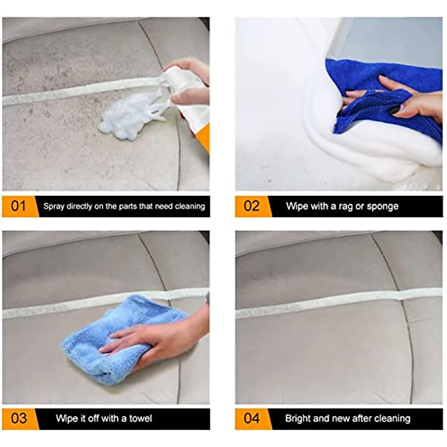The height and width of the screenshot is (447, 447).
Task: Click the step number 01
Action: click(x=18, y=206)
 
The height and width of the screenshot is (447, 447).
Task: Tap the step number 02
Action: click(x=251, y=206)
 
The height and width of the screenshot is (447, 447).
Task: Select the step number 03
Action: click(x=19, y=418)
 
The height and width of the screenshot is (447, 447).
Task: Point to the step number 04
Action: click(x=251, y=418)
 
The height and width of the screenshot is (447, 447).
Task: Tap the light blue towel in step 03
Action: click(x=112, y=335)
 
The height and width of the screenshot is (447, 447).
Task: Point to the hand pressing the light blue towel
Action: click(x=156, y=335)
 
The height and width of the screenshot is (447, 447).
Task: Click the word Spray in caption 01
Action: click(x=54, y=206)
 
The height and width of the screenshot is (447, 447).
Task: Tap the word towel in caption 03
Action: click(x=140, y=418)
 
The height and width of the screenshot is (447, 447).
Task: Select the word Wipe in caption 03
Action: click(x=66, y=418)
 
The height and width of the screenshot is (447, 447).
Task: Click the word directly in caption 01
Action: click(x=80, y=206)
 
